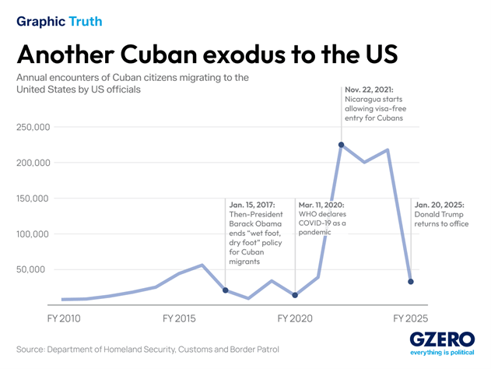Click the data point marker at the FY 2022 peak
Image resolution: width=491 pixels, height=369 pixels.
(x=342, y=145)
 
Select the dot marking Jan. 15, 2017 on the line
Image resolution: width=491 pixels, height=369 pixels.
(x=226, y=290)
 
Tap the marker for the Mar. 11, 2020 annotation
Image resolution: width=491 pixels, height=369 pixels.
(x=295, y=295)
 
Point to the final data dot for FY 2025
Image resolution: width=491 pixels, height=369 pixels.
(x=411, y=282)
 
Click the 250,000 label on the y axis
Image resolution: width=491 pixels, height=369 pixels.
(x=33, y=127)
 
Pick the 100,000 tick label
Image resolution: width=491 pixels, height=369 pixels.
(x=33, y=234)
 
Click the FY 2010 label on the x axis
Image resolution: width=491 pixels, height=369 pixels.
(x=64, y=318)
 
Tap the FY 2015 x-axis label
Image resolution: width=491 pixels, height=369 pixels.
(x=179, y=318)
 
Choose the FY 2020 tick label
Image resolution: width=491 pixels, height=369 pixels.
(x=295, y=318)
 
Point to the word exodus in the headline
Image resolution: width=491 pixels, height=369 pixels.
(x=244, y=54)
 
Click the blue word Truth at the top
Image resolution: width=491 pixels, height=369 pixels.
(x=86, y=21)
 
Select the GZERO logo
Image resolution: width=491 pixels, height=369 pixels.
(x=442, y=339)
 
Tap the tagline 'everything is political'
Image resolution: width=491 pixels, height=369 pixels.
(x=442, y=353)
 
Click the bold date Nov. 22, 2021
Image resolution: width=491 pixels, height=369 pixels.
(x=369, y=90)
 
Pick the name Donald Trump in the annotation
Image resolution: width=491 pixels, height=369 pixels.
(x=439, y=214)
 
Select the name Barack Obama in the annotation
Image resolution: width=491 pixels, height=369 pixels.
(x=255, y=223)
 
